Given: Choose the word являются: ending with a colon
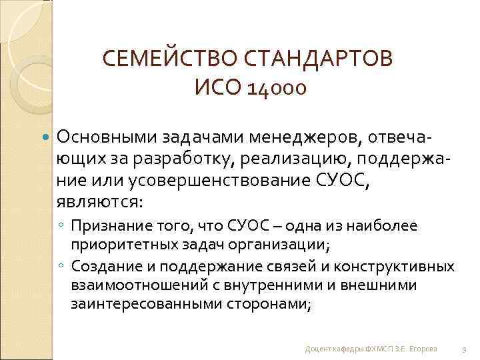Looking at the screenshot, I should (x=100, y=201).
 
